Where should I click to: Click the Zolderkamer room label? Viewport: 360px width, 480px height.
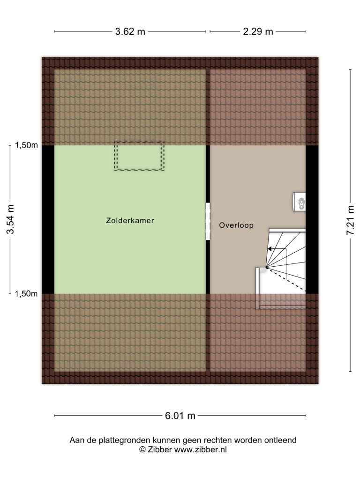[x=130, y=220]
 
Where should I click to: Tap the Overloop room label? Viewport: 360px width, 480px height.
[x=236, y=225]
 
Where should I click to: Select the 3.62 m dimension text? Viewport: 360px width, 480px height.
[x=130, y=31]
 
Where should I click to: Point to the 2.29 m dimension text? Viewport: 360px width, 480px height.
[x=258, y=31]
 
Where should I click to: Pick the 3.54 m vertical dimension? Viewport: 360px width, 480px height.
[x=10, y=219]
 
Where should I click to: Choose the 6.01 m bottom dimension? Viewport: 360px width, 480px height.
[x=180, y=416]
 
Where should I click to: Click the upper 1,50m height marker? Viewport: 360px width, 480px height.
[x=26, y=145]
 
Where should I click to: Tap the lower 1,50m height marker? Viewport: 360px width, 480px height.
[x=26, y=294]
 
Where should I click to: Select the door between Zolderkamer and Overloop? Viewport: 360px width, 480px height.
[x=208, y=221]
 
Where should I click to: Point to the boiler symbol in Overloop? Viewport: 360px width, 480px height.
[x=300, y=202]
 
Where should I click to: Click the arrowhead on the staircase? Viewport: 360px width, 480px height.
[x=270, y=249]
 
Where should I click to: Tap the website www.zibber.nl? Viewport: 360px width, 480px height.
[x=201, y=450]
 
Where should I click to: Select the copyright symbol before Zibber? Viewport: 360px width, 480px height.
[x=142, y=450]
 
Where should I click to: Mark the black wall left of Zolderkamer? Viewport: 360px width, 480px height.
[x=48, y=219]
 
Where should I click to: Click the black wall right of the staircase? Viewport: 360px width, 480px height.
[x=312, y=219]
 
